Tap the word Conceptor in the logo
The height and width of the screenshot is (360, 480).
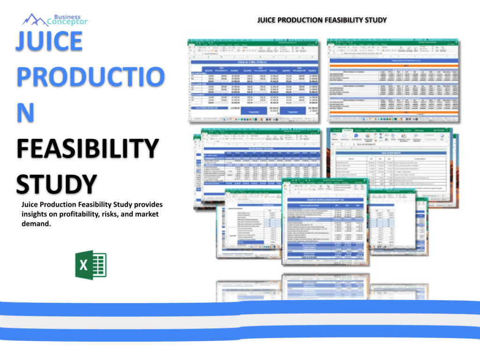point(67,22)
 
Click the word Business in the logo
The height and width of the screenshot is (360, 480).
point(67,16)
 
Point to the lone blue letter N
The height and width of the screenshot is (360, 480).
point(26,113)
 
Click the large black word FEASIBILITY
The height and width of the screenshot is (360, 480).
point(87,149)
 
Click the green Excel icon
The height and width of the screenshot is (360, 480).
point(90,265)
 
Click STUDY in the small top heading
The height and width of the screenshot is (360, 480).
point(375,20)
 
